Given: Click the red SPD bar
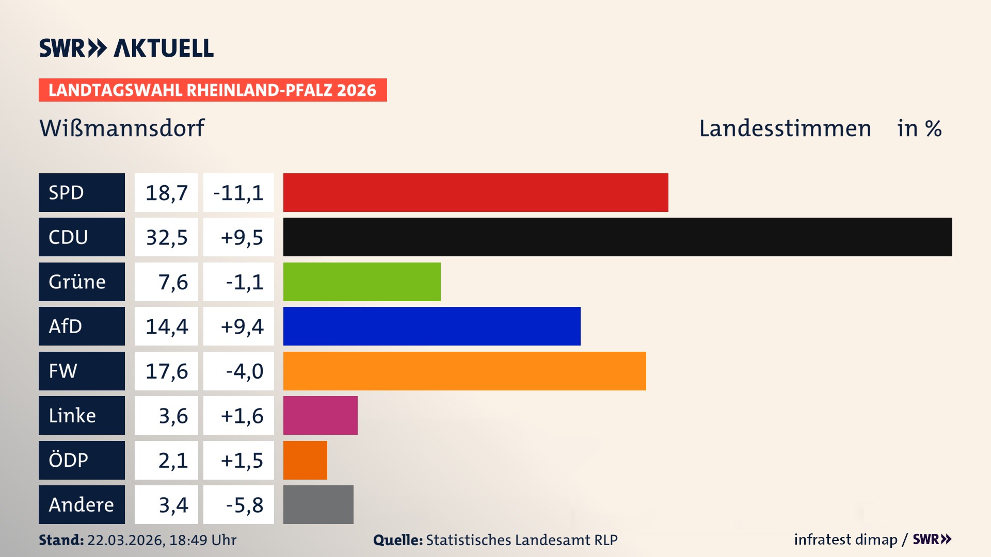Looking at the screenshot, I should tap(475, 192).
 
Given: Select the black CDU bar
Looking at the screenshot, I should tap(617, 237).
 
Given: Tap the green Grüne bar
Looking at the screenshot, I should tap(362, 282).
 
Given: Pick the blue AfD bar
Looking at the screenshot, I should tap(431, 326).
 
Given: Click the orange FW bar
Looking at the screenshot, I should tap(465, 371).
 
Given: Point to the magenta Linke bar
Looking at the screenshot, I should tap(320, 415).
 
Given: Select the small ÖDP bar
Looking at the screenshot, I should tap(305, 460).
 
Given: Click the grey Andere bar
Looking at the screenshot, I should tap(318, 504).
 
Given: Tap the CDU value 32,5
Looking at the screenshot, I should tap(166, 237).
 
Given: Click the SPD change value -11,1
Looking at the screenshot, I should tap(238, 193).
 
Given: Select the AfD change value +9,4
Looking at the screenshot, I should tap(242, 326).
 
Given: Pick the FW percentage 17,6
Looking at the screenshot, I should tap(166, 371).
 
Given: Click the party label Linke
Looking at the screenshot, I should tap(72, 416).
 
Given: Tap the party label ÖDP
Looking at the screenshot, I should tap(68, 460).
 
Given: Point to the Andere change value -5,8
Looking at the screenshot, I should tap(244, 505).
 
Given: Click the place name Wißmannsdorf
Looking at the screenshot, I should tap(122, 128).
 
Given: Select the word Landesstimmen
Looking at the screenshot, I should tap(785, 128).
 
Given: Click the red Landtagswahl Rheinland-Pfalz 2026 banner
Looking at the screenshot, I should tap(212, 90).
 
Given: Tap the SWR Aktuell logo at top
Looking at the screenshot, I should tap(126, 48).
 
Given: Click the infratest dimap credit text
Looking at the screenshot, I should tap(845, 539).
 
